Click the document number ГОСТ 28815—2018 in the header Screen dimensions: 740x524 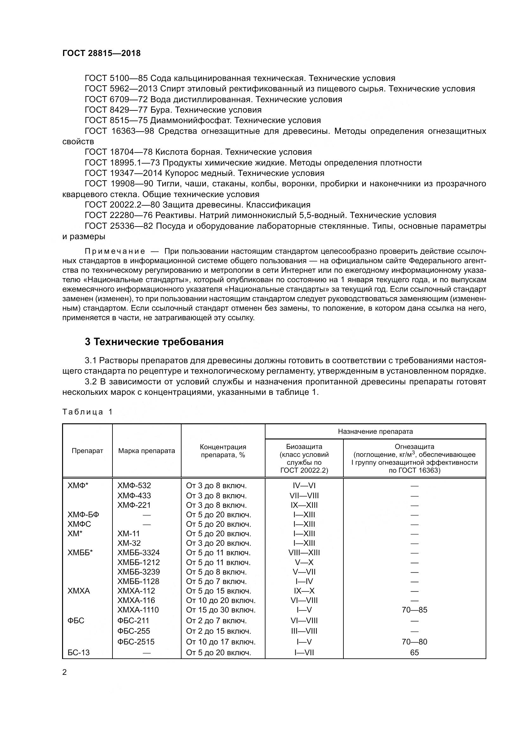pyautogui.click(x=101, y=53)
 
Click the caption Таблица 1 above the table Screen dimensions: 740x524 pyautogui.click(x=87, y=412)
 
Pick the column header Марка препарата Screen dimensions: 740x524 pyautogui.click(x=146, y=451)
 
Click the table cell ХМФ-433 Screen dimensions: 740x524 pyautogui.click(x=134, y=495)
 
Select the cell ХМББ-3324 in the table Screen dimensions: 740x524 pyautogui.click(x=139, y=553)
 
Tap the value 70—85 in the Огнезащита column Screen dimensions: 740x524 pyautogui.click(x=414, y=610)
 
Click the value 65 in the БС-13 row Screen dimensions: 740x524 pyautogui.click(x=414, y=653)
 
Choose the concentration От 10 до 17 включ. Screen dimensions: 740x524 pyautogui.click(x=221, y=642)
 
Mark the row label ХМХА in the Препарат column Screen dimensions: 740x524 pyautogui.click(x=79, y=591)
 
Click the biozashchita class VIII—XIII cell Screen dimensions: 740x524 pyautogui.click(x=304, y=553)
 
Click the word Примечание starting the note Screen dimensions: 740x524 pyautogui.click(x=115, y=252)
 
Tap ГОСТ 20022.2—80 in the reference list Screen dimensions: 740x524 pyautogui.click(x=122, y=205)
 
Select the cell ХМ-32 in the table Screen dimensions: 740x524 pyautogui.click(x=129, y=543)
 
